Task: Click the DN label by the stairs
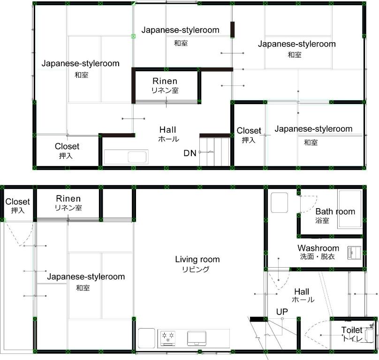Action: coord(190,153)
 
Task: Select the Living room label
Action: coord(197,259)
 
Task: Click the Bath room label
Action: coord(335,211)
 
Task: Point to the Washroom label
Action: coord(318,248)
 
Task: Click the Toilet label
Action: coord(351,330)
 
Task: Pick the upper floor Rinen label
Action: coord(165,81)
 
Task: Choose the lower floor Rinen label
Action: coord(68,199)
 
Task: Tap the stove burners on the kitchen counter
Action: coord(167,336)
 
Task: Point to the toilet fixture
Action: coord(370,334)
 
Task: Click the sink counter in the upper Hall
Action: coord(126,157)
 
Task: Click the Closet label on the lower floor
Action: coord(18,202)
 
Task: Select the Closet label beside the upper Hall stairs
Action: coord(249,131)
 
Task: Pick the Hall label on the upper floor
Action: coord(168,129)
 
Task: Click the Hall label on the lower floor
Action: coord(302,292)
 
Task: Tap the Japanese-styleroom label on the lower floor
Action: coord(86,277)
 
